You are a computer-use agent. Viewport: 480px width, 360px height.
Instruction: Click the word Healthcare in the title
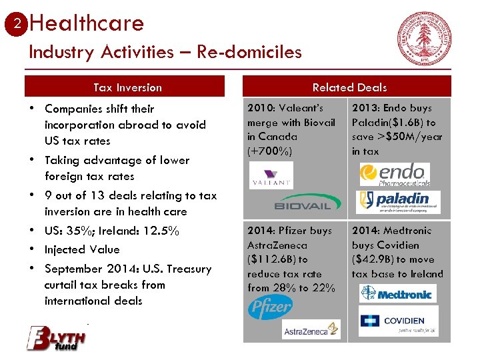click(87, 23)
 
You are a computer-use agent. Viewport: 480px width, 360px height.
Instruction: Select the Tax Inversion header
click(127, 87)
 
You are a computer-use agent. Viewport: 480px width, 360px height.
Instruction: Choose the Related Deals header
click(349, 87)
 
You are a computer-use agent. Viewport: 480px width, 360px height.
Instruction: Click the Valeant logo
click(271, 176)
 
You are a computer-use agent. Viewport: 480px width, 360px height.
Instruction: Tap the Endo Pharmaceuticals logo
click(395, 175)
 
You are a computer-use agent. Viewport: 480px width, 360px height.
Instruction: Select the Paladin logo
click(398, 201)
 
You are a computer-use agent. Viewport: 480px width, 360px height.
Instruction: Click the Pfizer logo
click(270, 307)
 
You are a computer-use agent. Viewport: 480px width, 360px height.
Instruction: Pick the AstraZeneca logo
click(311, 329)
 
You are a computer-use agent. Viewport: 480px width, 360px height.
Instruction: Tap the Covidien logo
click(398, 321)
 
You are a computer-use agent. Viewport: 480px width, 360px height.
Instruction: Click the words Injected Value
click(82, 249)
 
